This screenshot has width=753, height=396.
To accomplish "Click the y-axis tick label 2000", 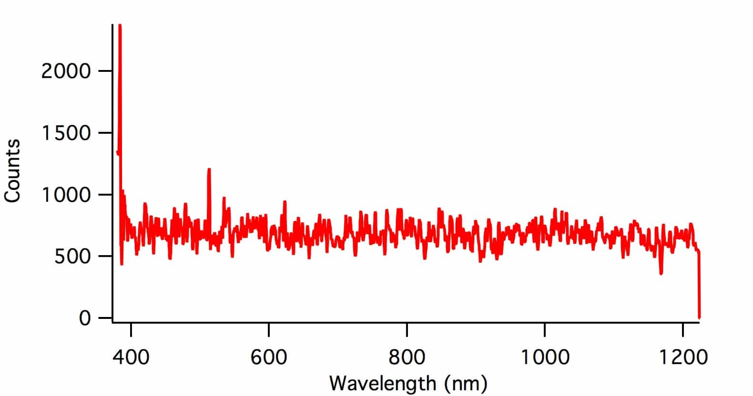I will [66, 71].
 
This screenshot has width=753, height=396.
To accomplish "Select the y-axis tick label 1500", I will [66, 133].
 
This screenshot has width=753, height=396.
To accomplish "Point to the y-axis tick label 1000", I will [66, 195].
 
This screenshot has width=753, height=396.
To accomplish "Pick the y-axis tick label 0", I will [84, 318].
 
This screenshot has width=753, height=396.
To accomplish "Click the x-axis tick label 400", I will [131, 357].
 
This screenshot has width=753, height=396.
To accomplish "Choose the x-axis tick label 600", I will [269, 357].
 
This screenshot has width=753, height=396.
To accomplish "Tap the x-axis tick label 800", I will [407, 357].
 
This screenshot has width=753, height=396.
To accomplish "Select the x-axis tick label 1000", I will [545, 357].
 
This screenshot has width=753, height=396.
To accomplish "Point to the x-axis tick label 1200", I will [683, 357].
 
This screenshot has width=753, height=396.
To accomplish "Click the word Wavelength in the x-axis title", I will [382, 384].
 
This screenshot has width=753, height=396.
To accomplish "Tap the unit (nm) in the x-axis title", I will [464, 384].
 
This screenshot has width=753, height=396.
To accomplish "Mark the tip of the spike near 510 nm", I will [209, 169].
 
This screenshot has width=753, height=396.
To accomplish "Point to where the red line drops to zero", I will [699, 317].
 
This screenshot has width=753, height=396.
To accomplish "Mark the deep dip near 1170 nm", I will [661, 273].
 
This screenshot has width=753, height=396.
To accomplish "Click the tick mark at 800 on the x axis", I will [407, 327].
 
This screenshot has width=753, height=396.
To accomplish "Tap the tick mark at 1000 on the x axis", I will [545, 327].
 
